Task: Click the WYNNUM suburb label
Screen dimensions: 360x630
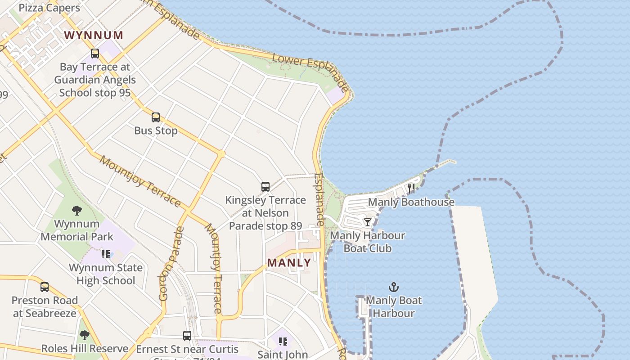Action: click(x=94, y=35)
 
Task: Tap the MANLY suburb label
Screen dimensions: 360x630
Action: click(x=289, y=263)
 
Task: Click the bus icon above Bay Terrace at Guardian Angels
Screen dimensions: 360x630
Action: click(x=95, y=54)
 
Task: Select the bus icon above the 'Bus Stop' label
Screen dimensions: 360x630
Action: click(x=156, y=117)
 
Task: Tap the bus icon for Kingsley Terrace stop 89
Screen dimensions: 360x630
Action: click(x=265, y=186)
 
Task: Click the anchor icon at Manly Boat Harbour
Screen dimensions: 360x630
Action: click(x=394, y=287)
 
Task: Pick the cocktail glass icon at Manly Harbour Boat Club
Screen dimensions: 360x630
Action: click(x=368, y=222)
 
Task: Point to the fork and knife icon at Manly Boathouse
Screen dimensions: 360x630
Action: click(x=411, y=188)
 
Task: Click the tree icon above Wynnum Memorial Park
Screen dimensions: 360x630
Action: click(x=77, y=210)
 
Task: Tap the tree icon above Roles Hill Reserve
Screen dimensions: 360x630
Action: click(x=84, y=335)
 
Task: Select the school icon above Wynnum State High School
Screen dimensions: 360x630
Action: click(x=106, y=254)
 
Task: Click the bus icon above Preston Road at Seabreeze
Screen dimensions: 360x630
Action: click(x=45, y=287)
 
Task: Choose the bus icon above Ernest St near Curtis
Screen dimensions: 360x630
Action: click(x=187, y=335)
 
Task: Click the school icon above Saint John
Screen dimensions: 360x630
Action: click(x=283, y=342)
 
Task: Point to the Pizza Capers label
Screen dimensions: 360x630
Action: click(x=49, y=8)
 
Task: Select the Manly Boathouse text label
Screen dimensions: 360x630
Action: click(x=411, y=202)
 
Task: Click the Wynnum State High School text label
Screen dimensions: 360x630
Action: click(x=106, y=274)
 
